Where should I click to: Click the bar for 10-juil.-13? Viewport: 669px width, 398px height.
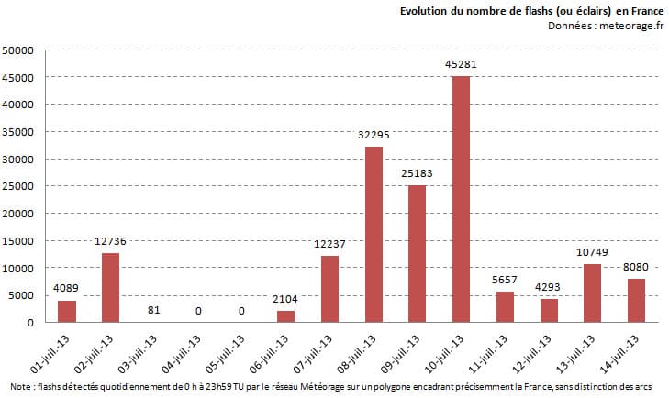tap(462, 199)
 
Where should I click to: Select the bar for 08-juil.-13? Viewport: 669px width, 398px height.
tap(374, 235)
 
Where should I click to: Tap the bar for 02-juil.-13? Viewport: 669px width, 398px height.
tap(110, 287)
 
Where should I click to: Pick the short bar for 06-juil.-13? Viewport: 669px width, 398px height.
tap(285, 316)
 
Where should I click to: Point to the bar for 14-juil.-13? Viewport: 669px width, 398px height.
tap(637, 300)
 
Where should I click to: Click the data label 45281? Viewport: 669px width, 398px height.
tap(462, 64)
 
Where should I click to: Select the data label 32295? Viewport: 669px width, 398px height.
tap(374, 135)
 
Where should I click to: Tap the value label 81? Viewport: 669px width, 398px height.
tap(154, 310)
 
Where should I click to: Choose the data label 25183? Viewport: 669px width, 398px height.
tap(418, 173)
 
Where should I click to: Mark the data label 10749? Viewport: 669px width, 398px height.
tap(593, 252)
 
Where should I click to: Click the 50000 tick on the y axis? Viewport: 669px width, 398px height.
tap(19, 50)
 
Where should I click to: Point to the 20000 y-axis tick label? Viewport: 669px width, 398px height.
tap(19, 214)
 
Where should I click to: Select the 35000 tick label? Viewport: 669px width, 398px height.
tap(19, 132)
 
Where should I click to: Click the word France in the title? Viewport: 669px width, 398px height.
tap(646, 10)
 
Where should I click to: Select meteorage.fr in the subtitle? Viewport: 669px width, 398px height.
tap(631, 25)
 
